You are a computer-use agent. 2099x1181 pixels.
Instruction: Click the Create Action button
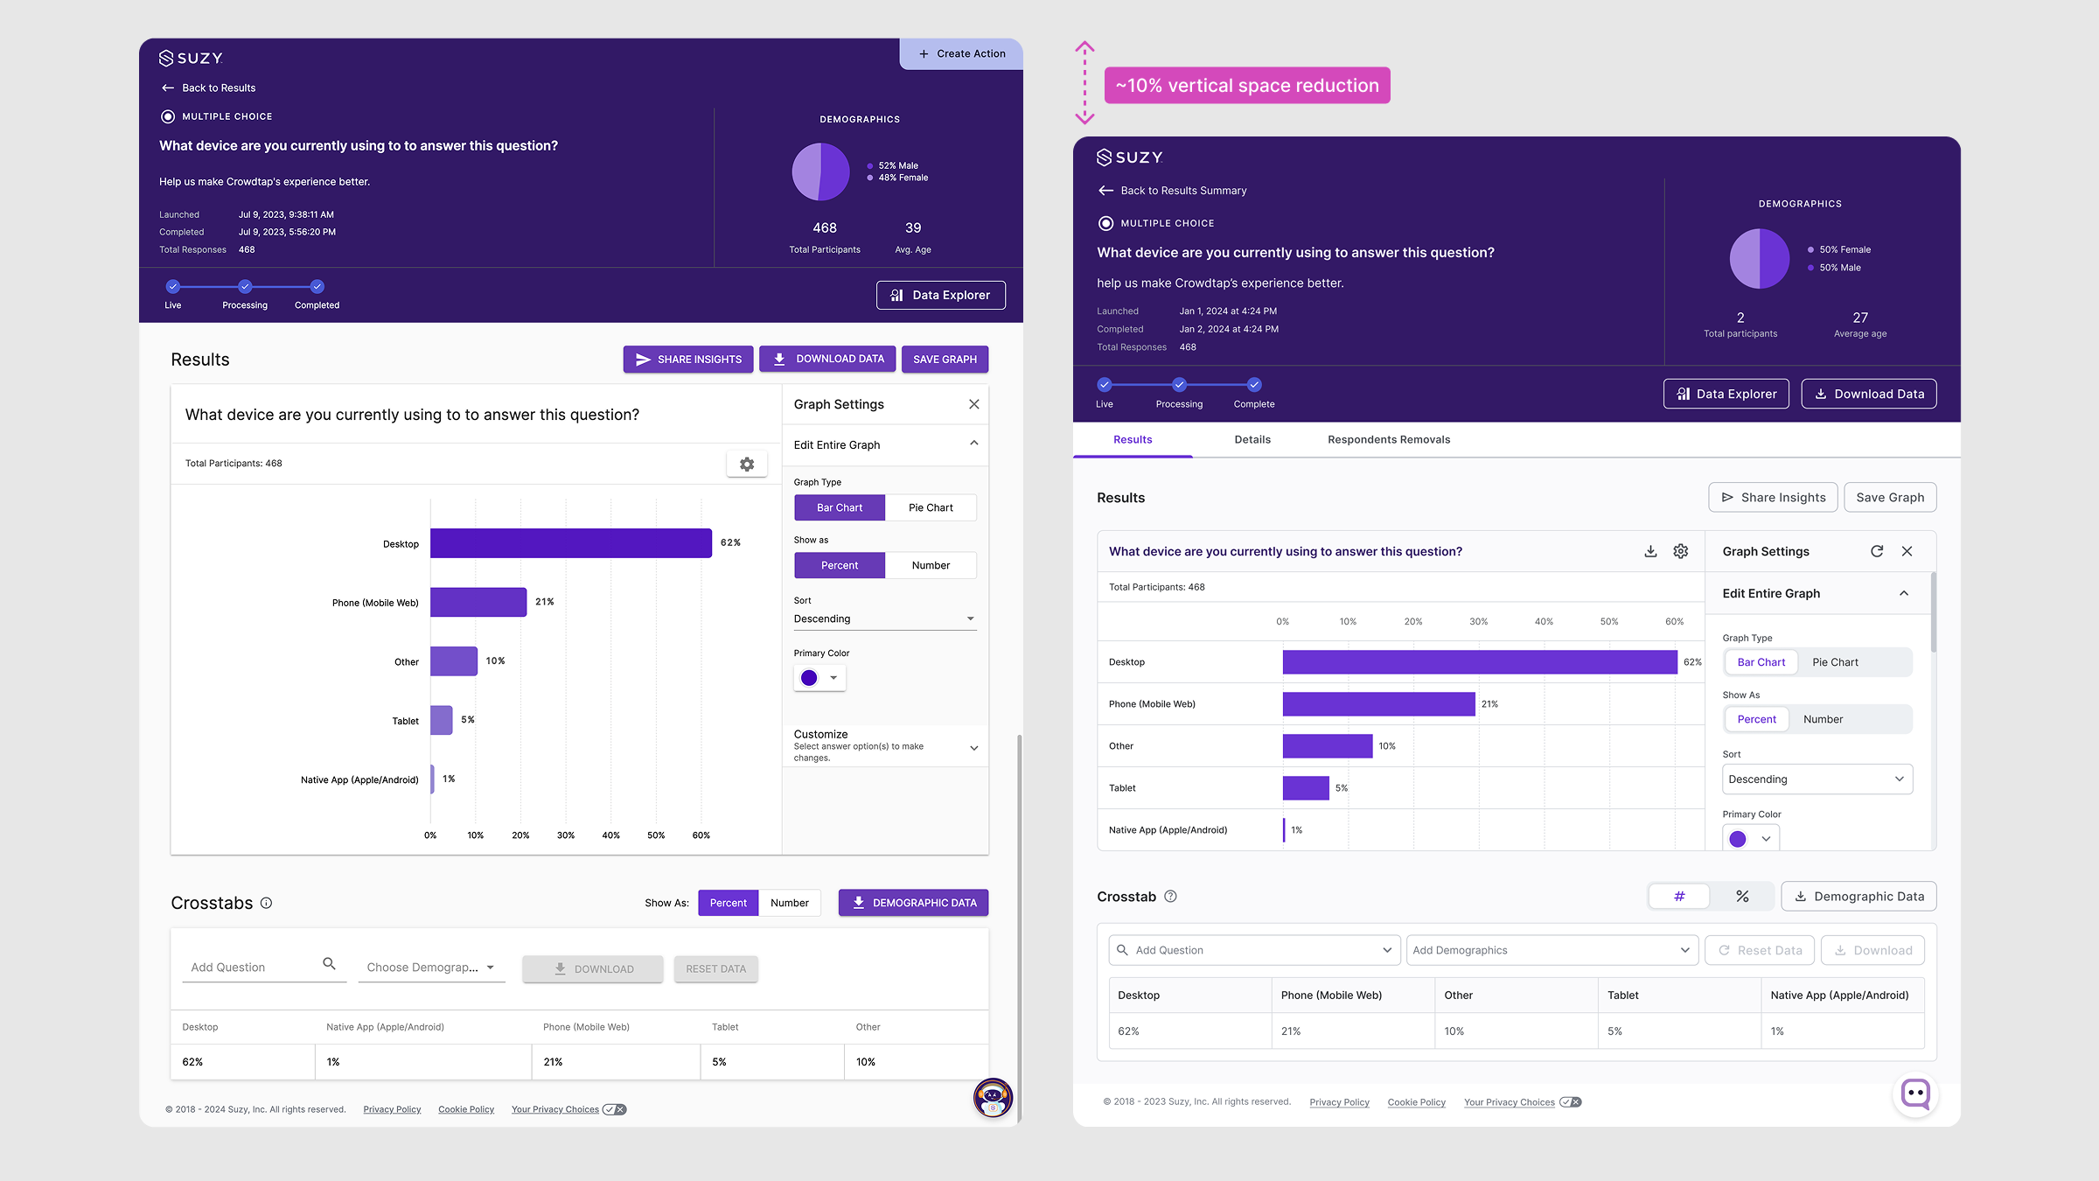961,54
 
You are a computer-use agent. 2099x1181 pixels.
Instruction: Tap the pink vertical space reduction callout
1247,86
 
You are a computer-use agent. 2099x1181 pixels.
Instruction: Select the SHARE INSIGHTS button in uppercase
688,360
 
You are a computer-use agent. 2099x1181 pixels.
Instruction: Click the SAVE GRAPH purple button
945,360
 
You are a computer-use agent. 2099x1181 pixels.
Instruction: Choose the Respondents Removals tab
1389,440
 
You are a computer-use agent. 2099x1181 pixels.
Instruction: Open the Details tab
1252,440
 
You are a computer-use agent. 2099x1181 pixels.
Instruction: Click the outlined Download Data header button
1869,395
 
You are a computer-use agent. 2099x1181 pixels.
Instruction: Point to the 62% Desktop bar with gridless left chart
571,543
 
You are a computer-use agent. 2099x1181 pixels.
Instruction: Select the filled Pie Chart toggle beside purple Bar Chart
931,508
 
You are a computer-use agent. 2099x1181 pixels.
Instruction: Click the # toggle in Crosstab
1679,897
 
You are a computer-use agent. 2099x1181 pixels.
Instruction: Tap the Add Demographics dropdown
1552,951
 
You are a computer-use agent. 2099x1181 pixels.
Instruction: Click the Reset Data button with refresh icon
1760,951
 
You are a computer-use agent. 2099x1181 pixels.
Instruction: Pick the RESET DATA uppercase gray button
715,969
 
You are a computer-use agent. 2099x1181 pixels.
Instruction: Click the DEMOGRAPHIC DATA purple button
913,903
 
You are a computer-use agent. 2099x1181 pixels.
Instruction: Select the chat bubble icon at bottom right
1915,1094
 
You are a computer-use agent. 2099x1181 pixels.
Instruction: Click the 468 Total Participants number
825,228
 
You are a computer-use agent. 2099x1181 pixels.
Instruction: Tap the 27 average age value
1860,318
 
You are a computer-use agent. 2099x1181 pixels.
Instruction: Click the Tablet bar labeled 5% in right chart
1306,788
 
